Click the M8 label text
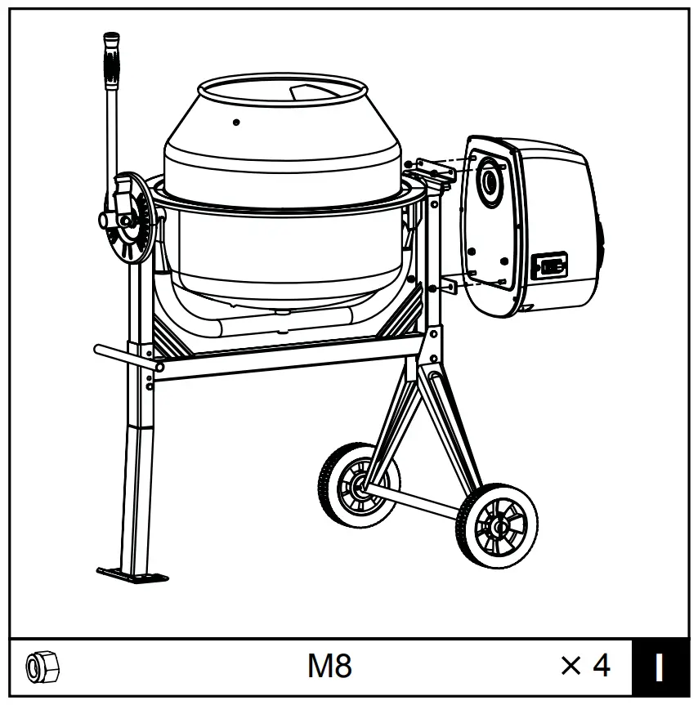tap(329, 667)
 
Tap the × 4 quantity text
tap(585, 666)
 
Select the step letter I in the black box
tap(659, 667)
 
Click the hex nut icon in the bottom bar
tap(42, 667)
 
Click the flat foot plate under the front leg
tap(132, 575)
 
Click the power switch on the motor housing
tap(549, 266)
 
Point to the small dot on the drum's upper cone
tap(236, 123)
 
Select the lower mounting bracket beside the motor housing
tap(448, 285)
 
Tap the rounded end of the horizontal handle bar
tap(98, 350)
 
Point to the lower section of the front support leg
tap(132, 490)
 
